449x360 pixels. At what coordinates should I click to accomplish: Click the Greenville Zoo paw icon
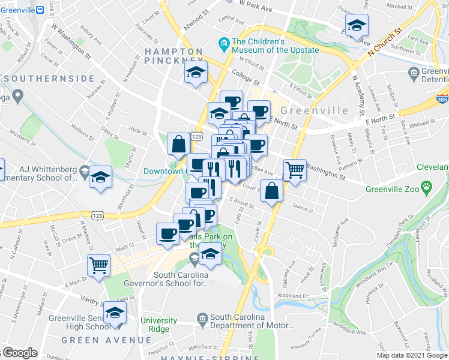click(426, 187)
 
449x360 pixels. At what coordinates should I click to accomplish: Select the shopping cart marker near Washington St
click(294, 171)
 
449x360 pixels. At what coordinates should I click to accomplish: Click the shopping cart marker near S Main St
click(98, 265)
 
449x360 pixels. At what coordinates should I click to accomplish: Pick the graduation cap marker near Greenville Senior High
click(115, 313)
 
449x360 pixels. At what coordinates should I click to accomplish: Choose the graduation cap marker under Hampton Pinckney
click(196, 73)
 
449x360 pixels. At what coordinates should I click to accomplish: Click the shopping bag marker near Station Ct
click(272, 191)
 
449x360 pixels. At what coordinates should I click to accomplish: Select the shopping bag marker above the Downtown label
click(179, 144)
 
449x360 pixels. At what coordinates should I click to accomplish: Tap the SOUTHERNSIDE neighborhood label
click(49, 79)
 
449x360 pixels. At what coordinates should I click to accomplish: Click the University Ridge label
click(159, 325)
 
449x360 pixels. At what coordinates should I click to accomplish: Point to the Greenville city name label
click(314, 110)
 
